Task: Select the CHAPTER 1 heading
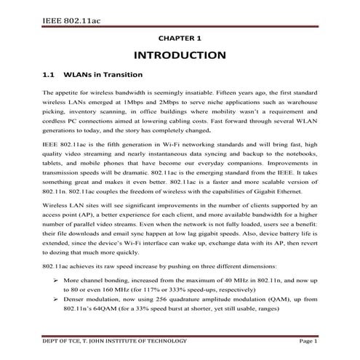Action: click(180, 36)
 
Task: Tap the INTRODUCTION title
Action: click(180, 55)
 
